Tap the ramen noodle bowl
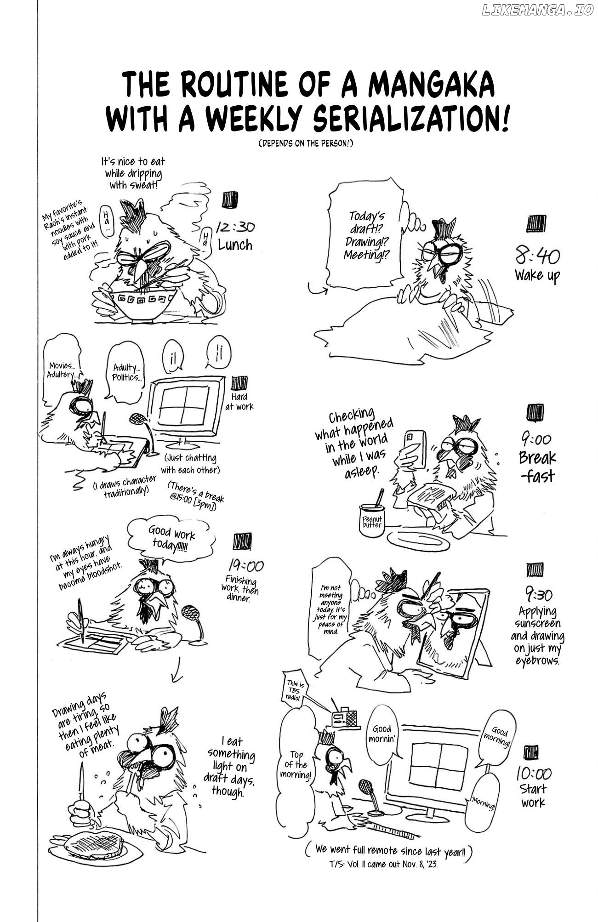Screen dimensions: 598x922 coord(143,302)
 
